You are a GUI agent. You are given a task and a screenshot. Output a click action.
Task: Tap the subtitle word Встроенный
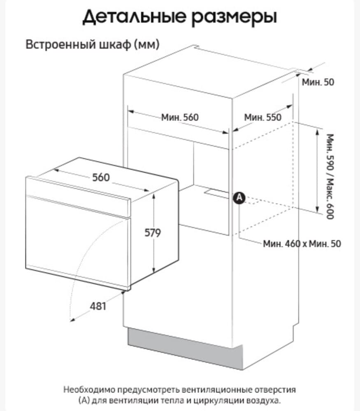click(60, 44)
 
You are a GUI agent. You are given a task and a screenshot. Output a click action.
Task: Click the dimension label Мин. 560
click(180, 117)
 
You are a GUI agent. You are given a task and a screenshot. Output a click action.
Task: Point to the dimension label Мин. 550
click(262, 117)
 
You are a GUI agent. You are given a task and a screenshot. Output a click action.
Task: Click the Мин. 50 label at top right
click(318, 82)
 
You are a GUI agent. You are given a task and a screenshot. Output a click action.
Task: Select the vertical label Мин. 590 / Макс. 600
click(330, 176)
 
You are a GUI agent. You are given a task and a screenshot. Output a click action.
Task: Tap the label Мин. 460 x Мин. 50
click(302, 244)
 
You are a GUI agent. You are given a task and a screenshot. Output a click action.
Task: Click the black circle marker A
click(239, 198)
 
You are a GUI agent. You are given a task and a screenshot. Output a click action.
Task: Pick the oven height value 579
click(153, 233)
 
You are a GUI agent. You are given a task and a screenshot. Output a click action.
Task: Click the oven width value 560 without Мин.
click(101, 178)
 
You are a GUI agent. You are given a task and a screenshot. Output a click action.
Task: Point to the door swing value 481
click(98, 306)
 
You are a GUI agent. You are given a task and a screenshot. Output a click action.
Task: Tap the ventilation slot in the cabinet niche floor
click(217, 193)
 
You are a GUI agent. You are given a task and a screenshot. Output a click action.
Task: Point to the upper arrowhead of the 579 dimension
click(154, 196)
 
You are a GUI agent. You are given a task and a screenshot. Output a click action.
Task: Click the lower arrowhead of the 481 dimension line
click(72, 319)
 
